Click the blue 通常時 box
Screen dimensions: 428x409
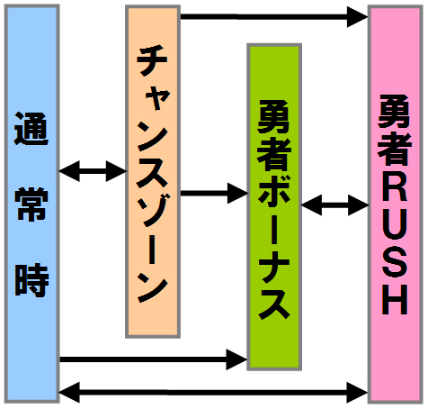(32, 204)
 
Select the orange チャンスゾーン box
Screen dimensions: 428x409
(153, 171)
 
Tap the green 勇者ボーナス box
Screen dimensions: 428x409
(274, 207)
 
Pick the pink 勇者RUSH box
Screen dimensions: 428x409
(396, 204)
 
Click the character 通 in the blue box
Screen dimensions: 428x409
(31, 129)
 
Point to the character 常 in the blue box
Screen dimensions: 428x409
(31, 204)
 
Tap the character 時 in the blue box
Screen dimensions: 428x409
(31, 280)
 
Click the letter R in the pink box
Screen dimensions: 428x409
(395, 186)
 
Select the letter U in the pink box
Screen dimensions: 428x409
(395, 224)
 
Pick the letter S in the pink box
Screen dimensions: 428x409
(395, 262)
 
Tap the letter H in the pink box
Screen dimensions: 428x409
(395, 300)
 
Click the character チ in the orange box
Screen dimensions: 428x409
(152, 61)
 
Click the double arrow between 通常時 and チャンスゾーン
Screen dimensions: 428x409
(93, 171)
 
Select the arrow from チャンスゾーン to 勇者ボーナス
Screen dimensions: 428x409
(214, 193)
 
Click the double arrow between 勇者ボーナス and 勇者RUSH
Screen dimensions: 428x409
(335, 205)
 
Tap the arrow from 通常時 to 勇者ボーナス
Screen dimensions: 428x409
(153, 359)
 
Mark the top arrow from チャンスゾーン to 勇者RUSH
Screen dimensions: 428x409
(274, 16)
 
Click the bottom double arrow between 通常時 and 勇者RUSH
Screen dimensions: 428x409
(214, 392)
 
